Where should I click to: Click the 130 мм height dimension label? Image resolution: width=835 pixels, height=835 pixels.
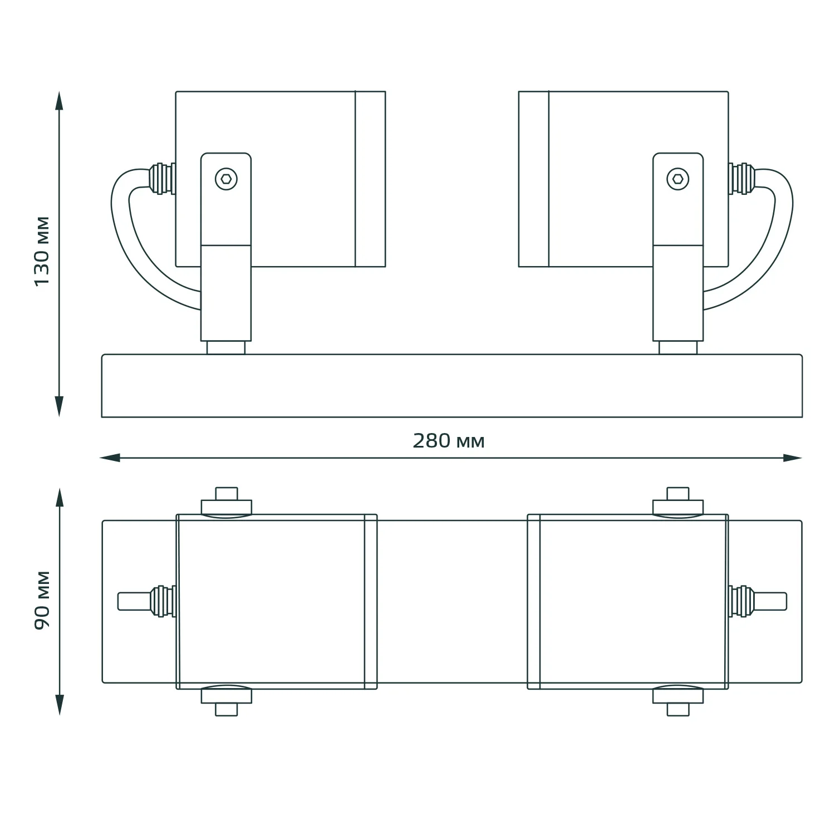click(x=42, y=251)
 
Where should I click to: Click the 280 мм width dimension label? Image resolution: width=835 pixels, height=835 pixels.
click(x=449, y=441)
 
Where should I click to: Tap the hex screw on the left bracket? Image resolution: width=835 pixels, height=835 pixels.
click(x=226, y=179)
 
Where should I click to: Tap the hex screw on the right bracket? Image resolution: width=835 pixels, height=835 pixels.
click(x=678, y=179)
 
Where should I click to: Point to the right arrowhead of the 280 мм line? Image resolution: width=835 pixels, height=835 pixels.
click(x=792, y=458)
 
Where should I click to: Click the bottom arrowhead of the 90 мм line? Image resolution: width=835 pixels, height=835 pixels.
click(x=59, y=705)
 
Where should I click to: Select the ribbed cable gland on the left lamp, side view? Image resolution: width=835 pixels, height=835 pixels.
click(x=161, y=178)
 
